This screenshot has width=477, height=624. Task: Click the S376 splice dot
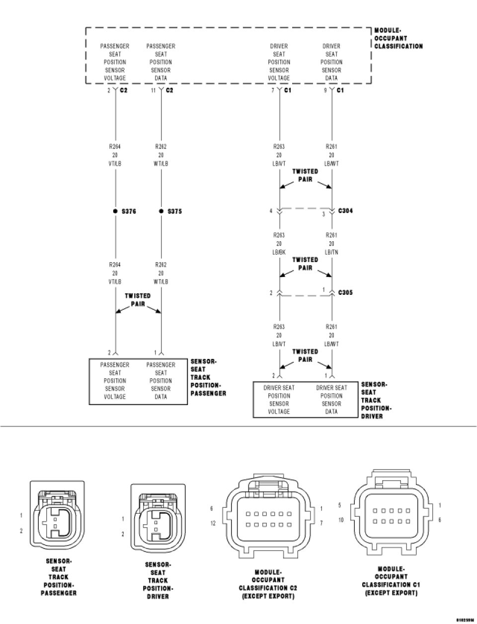115,211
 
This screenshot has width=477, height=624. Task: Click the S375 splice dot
161,211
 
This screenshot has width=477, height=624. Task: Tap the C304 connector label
345,211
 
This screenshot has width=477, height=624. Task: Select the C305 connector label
345,293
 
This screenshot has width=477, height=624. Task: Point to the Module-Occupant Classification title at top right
398,38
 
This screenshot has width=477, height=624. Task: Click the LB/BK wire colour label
279,252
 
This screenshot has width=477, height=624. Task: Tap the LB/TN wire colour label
331,252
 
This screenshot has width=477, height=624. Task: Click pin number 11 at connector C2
153,90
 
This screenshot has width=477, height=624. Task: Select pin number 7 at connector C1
273,90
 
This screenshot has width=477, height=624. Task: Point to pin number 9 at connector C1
325,90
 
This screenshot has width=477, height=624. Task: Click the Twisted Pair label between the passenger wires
138,299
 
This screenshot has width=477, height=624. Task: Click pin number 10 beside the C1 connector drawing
341,520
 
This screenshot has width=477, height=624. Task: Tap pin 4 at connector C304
271,211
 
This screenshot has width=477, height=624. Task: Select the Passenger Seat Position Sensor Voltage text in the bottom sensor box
115,381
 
